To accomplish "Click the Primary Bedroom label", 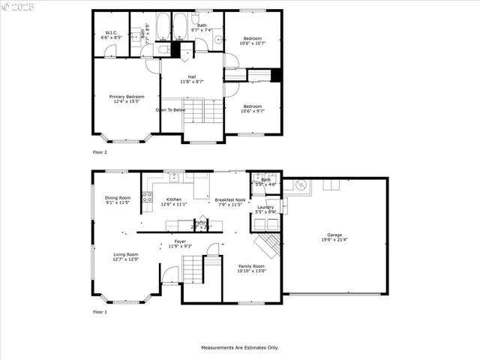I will (x=127, y=98).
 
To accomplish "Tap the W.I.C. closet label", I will (x=111, y=35).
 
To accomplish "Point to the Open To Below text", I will (x=170, y=109).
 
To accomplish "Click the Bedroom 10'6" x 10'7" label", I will (x=252, y=40).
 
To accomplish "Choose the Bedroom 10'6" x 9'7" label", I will (x=252, y=109).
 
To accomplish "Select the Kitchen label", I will (x=174, y=202).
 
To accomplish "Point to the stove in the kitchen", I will (x=147, y=198).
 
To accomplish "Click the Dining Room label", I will (x=117, y=199).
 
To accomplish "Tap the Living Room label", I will (x=126, y=256).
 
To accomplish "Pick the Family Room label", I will (x=251, y=268).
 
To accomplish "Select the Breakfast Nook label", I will (x=228, y=202).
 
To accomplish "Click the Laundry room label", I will (x=265, y=209).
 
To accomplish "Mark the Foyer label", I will (x=180, y=244).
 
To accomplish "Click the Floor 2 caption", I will (x=100, y=152).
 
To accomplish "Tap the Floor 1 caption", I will (x=100, y=311).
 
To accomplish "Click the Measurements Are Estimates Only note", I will (x=239, y=347).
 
